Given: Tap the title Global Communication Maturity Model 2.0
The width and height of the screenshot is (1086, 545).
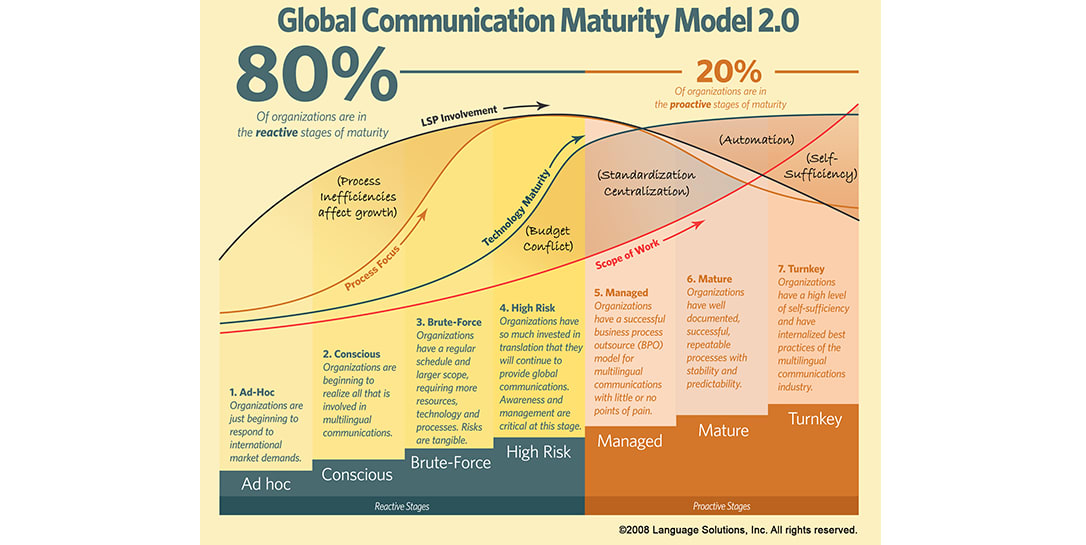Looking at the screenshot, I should (538, 21).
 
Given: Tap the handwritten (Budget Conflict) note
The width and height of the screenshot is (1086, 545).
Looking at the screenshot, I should (549, 238).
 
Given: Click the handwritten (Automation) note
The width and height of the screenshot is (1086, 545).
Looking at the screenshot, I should (756, 140).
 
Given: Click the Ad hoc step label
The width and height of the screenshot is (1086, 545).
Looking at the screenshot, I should (265, 484).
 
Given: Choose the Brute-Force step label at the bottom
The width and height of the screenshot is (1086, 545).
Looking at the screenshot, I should (450, 463).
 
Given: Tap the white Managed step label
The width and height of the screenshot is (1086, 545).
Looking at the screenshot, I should (630, 441).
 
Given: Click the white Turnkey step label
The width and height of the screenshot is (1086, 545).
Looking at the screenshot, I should (815, 418).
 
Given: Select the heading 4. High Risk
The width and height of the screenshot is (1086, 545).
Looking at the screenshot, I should (526, 308).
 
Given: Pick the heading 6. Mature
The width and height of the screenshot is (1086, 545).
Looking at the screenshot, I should (709, 279).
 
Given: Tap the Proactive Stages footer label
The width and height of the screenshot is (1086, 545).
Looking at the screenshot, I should (721, 507).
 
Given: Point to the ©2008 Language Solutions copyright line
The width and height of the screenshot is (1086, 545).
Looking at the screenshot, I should (737, 530).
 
